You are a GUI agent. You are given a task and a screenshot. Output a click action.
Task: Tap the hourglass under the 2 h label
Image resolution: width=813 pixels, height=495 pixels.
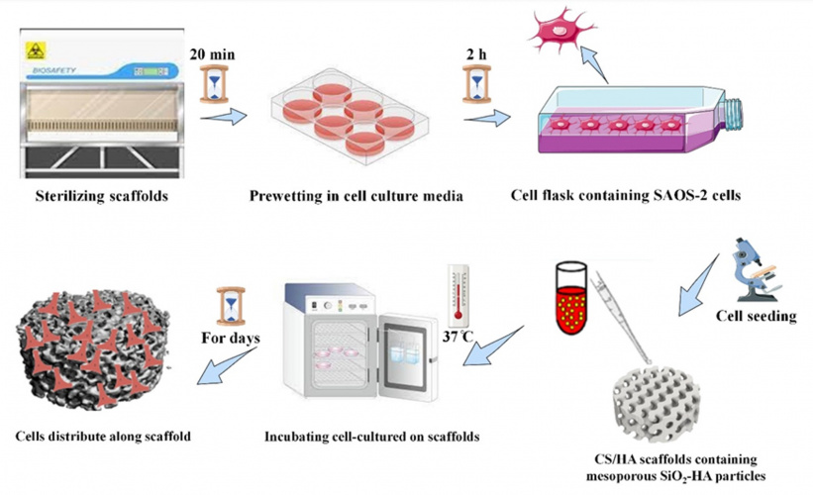(473, 84)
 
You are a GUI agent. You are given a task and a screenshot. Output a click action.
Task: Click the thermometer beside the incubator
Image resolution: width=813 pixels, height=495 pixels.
(457, 294)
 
